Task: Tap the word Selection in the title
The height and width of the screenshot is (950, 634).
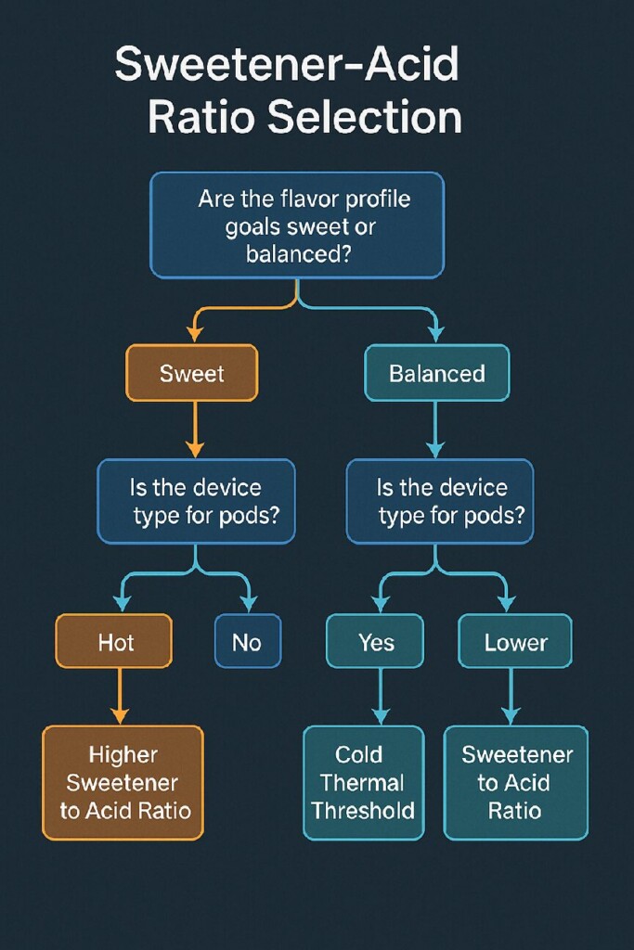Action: [x=365, y=118]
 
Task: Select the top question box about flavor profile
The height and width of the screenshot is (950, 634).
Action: [x=297, y=225]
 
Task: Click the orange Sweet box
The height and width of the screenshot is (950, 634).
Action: [x=191, y=373]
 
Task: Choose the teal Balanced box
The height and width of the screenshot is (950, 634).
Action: [x=436, y=373]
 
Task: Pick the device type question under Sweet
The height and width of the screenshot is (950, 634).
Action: [x=196, y=501]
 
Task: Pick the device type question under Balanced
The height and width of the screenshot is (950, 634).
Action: [x=441, y=501]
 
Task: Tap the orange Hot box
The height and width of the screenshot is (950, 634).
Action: [x=114, y=641]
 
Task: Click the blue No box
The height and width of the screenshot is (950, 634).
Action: [x=246, y=641]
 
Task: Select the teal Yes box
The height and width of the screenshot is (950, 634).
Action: [x=375, y=641]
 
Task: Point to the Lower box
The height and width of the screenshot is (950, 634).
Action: [x=515, y=641]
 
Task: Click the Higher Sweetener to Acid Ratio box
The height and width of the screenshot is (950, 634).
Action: [x=123, y=782]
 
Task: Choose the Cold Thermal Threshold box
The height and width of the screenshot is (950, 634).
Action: [x=363, y=782]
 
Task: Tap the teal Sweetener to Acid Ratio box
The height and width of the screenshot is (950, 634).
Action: [x=515, y=782]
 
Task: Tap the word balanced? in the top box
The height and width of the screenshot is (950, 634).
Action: [x=298, y=252]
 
